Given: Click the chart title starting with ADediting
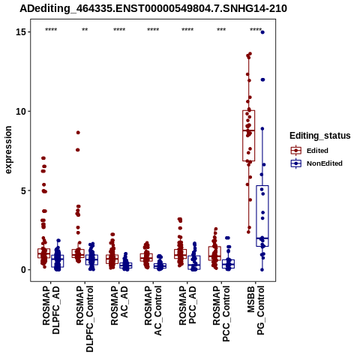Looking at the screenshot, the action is tap(153, 8).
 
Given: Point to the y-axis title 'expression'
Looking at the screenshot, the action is tap(8, 150).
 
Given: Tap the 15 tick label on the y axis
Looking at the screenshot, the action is tap(21, 32).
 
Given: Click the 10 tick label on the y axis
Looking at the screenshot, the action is tap(21, 111).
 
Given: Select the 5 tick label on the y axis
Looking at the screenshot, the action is tap(24, 190).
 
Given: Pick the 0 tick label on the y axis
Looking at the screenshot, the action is tap(24, 270).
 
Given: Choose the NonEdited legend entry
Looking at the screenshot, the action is tap(316, 163).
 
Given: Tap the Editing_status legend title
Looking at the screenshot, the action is tap(320, 136).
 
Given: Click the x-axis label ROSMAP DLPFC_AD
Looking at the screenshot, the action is tap(51, 310).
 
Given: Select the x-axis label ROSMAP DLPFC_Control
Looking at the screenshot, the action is tap(85, 319).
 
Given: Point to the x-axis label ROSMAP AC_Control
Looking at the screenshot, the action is tap(153, 310).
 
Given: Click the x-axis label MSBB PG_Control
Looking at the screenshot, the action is tap(256, 310).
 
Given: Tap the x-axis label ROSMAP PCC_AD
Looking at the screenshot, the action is tap(187, 305).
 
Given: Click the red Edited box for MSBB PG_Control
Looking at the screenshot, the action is tap(248, 136).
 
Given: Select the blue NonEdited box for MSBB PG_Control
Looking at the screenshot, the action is tap(262, 216).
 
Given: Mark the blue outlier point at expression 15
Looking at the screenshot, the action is tap(262, 32).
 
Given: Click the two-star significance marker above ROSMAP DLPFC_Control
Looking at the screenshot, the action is tap(85, 30).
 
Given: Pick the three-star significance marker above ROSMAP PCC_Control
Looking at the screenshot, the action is tap(221, 30).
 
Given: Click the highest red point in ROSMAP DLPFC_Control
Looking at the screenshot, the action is tap(78, 133).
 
